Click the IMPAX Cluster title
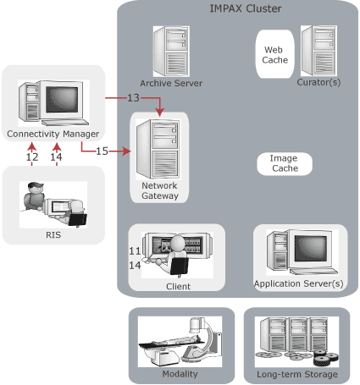[246, 9]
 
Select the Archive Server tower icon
[169, 51]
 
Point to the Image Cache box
[284, 163]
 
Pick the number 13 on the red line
[134, 99]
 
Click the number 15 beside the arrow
[102, 151]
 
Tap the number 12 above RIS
[32, 157]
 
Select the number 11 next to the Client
[135, 251]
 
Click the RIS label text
[53, 235]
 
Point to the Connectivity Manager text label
[53, 134]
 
